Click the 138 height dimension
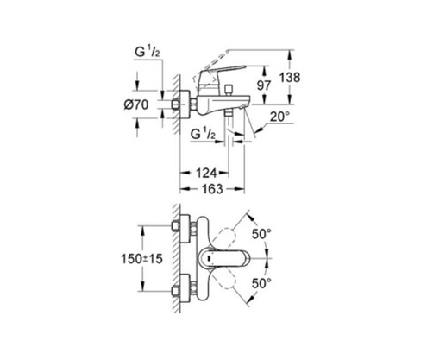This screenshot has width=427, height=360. pyautogui.click(x=290, y=77)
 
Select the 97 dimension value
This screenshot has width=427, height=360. pyautogui.click(x=264, y=85)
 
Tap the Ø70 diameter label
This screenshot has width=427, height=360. pyautogui.click(x=136, y=104)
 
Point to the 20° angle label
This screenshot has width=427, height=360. pyautogui.click(x=279, y=117)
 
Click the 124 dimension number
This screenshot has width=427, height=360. pyautogui.click(x=206, y=173)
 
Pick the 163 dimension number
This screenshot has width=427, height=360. pyautogui.click(x=212, y=189)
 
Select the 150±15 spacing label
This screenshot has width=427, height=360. pyautogui.click(x=141, y=259)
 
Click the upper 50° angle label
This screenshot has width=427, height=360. pyautogui.click(x=261, y=234)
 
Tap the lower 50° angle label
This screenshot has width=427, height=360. pyautogui.click(x=261, y=283)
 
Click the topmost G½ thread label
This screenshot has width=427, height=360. pyautogui.click(x=147, y=53)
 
